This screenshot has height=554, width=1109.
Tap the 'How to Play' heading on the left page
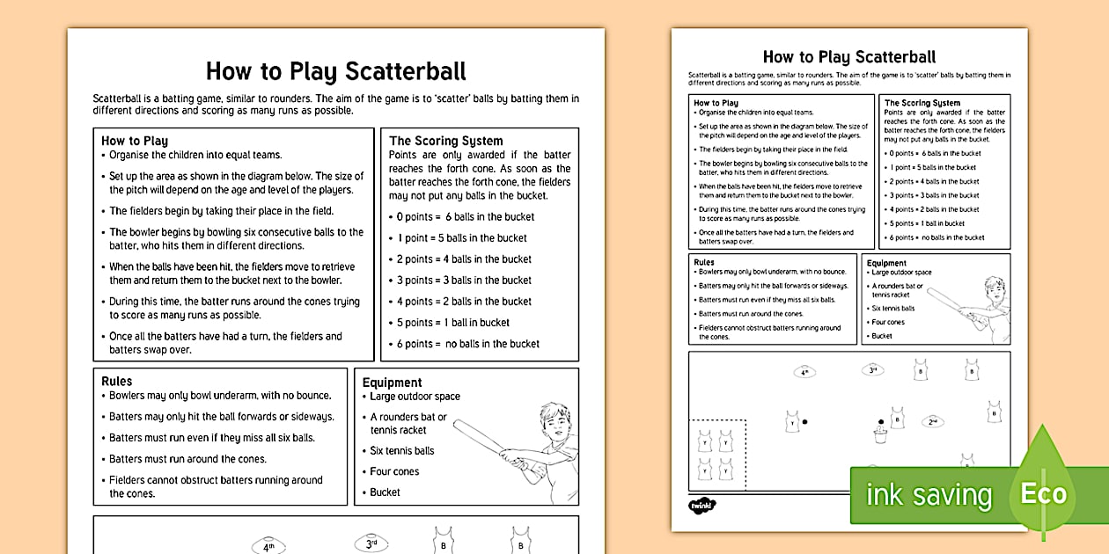pyautogui.click(x=134, y=141)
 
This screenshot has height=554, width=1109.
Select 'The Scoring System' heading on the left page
pyautogui.click(x=445, y=141)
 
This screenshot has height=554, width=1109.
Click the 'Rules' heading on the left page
pyautogui.click(x=116, y=381)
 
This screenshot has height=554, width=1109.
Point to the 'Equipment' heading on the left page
pyautogui.click(x=392, y=383)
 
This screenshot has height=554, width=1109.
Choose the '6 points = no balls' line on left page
pyautogui.click(x=467, y=344)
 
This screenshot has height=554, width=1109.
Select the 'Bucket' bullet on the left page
pyautogui.click(x=385, y=492)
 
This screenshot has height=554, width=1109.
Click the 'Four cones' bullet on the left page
pyautogui.click(x=393, y=471)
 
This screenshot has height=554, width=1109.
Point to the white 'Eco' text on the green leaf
pyautogui.click(x=1043, y=493)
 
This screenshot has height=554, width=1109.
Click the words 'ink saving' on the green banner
pyautogui.click(x=929, y=495)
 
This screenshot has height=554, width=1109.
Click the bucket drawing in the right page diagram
pyautogui.click(x=879, y=435)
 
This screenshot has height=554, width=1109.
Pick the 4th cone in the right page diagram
pyautogui.click(x=804, y=372)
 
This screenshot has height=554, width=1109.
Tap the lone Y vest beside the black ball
pyautogui.click(x=792, y=421)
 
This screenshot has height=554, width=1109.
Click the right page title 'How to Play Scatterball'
pyautogui.click(x=848, y=57)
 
